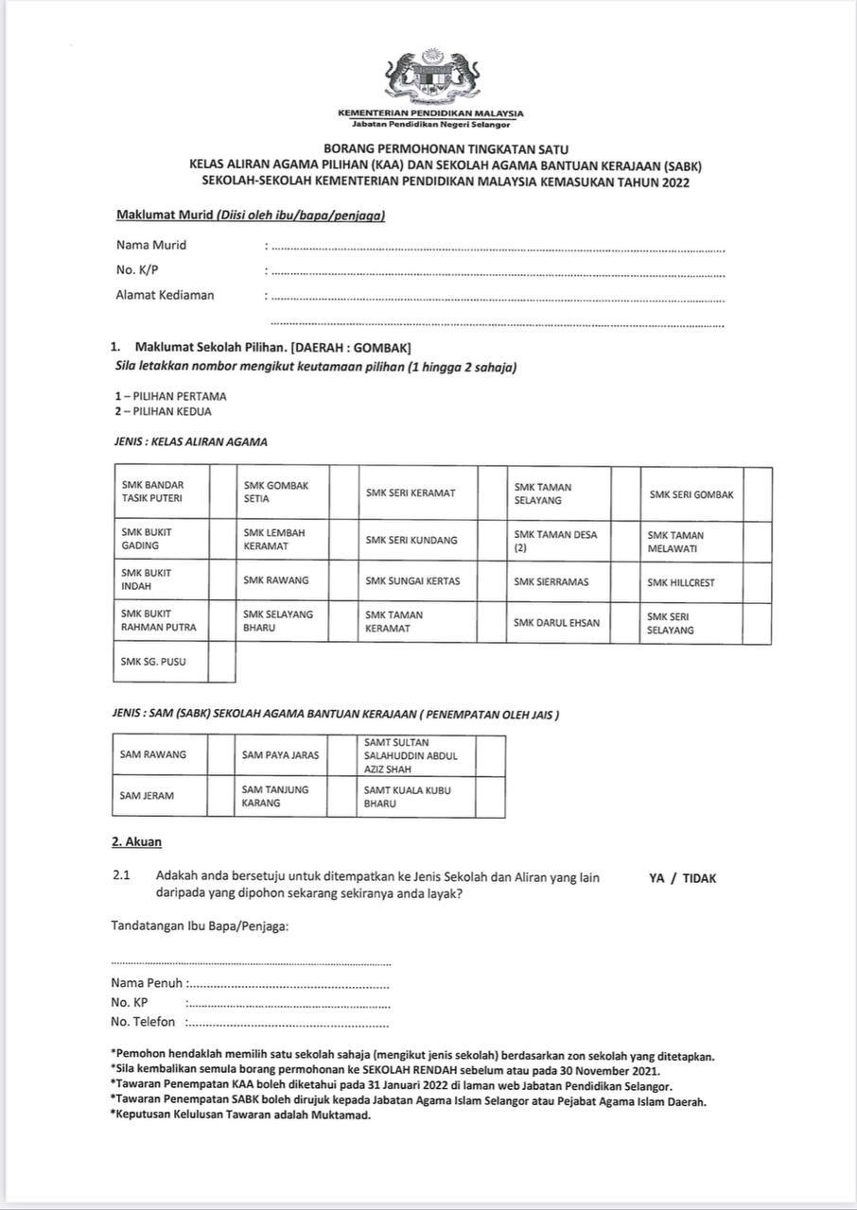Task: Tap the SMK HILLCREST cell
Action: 681,582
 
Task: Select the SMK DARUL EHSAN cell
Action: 556,623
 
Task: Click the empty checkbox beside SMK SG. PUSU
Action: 221,662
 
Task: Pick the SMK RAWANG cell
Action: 275,580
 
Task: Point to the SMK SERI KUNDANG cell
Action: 411,541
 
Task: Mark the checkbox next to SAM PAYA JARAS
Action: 341,755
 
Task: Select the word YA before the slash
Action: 656,878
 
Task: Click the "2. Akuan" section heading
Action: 136,842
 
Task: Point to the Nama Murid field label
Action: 151,245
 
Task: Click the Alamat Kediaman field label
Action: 165,295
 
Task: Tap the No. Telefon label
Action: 143,1022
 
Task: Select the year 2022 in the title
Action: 675,181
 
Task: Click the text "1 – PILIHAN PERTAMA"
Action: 170,397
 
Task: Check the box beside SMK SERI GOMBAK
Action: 757,494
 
